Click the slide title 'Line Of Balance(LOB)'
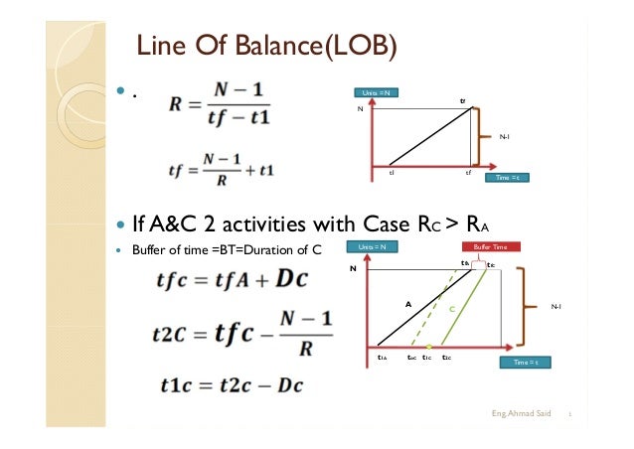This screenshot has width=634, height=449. [x=266, y=46]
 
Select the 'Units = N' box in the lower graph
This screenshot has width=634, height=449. [x=373, y=246]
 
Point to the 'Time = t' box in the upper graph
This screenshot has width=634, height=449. [x=508, y=178]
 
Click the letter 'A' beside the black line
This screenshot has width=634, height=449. [x=407, y=304]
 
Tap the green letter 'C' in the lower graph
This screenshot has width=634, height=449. [x=451, y=309]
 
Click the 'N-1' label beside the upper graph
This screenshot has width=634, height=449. [x=504, y=137]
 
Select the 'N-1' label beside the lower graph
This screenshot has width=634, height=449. [x=555, y=307]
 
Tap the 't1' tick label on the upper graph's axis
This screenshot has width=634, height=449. [x=392, y=172]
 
